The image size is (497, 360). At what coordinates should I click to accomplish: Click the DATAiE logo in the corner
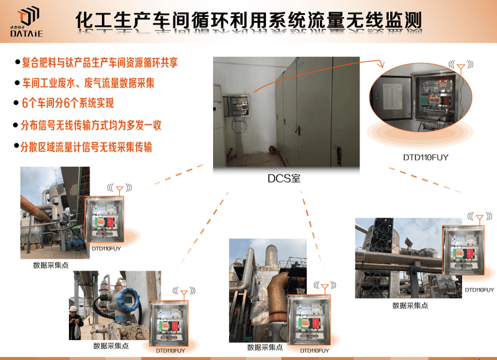[x=27, y=22]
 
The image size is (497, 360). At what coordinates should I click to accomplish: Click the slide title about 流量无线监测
[x=248, y=21]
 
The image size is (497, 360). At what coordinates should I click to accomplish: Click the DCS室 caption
[x=284, y=178]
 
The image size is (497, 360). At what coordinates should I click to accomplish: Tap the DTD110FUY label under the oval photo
[x=426, y=157]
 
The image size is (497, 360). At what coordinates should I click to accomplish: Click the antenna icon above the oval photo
[x=461, y=67]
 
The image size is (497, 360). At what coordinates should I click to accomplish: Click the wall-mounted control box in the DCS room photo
[x=239, y=106]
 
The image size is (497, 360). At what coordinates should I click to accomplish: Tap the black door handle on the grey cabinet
[x=298, y=130]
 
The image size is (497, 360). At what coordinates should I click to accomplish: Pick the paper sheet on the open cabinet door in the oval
[x=392, y=96]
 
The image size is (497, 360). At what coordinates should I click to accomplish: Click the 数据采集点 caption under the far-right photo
[x=410, y=305]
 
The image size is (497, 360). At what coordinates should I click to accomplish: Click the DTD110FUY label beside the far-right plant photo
[x=479, y=290]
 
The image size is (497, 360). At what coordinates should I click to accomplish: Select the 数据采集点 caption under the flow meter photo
[x=111, y=346]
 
